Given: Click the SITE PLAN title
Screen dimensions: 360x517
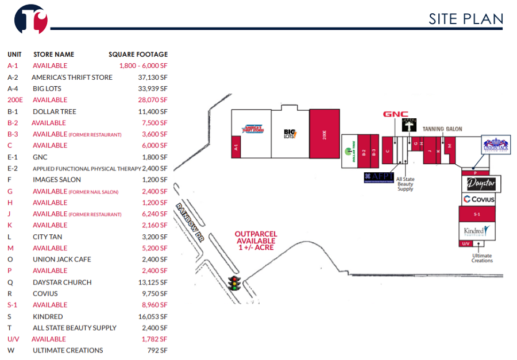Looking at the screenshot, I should coord(466,19).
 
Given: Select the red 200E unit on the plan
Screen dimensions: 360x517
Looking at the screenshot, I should coord(325,134).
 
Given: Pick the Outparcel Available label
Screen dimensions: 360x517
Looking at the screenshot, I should coord(256,241).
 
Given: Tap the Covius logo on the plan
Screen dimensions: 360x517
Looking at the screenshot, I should coord(479,199).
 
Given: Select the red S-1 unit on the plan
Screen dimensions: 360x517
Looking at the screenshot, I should coord(477,214).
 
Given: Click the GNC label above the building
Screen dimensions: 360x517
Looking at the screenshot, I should coord(395,114).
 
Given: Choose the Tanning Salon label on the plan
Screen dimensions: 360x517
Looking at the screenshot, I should coord(442,129).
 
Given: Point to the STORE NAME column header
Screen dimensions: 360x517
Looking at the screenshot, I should coord(55,55).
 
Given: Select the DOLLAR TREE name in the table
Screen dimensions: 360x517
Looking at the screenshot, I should coord(55,111).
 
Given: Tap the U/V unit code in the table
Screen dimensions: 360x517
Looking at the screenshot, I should coord(14,339).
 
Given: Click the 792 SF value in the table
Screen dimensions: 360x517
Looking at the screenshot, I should coord(156,350).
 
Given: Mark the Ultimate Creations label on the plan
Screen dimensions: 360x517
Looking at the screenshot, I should coord(482,258).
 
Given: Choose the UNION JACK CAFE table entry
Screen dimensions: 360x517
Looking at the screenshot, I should coord(61,260).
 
